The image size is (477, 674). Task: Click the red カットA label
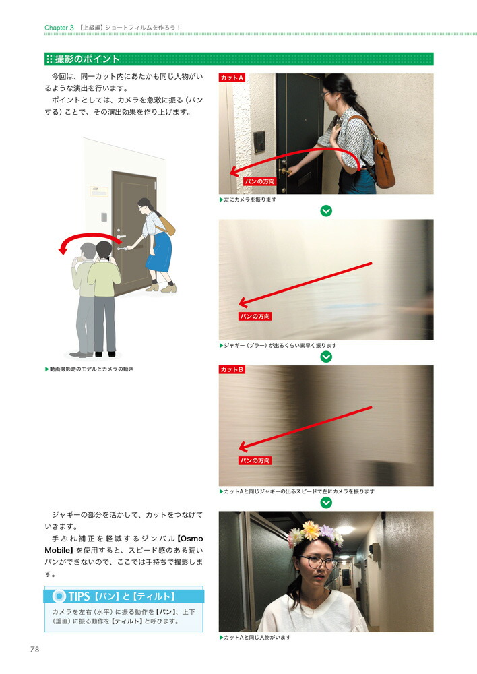click(232, 78)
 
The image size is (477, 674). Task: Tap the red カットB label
click(232, 369)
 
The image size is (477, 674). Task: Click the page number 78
click(34, 650)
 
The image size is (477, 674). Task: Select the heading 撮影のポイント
click(87, 59)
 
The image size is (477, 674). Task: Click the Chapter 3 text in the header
click(59, 28)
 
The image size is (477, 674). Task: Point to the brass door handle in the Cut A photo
click(286, 171)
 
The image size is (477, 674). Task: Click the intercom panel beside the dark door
click(259, 142)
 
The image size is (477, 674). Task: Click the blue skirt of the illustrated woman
click(159, 252)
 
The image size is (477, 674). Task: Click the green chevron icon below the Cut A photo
click(326, 210)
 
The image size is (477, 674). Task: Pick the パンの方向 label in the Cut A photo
click(259, 181)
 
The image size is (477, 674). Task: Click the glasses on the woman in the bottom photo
click(317, 562)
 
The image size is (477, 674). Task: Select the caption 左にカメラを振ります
click(250, 200)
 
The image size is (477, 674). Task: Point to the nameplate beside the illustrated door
click(99, 191)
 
